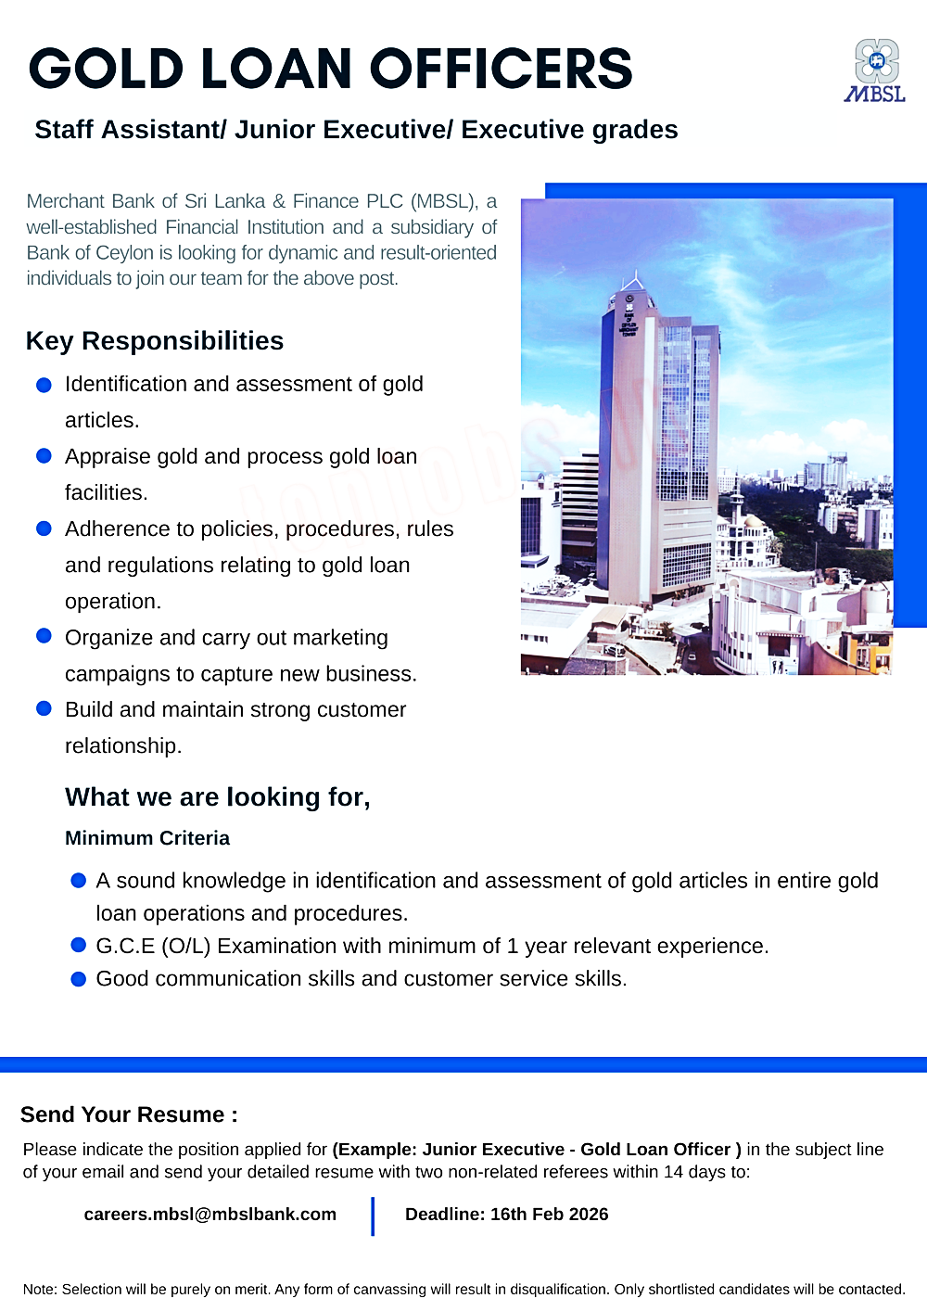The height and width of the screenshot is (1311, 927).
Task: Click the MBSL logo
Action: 875,70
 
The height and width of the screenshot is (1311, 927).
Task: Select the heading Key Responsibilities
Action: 155,341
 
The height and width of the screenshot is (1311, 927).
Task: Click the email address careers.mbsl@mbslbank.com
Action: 210,1215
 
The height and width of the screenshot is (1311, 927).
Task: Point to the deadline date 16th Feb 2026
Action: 549,1215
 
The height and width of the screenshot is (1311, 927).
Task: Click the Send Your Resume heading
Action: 129,1114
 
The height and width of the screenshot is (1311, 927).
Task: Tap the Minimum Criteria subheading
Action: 147,838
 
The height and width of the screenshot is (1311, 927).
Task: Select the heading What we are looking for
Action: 218,797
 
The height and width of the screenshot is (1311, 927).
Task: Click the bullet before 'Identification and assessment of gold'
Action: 44,386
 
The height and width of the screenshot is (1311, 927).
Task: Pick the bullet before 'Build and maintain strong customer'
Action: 44,709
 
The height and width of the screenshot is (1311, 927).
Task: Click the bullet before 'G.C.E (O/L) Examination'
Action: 79,946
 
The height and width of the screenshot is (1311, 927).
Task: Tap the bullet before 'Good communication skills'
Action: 79,979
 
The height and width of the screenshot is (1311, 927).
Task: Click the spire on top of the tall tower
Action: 635,278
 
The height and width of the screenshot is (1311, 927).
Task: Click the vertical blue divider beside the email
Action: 373,1216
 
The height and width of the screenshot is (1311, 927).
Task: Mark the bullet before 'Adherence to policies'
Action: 44,528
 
